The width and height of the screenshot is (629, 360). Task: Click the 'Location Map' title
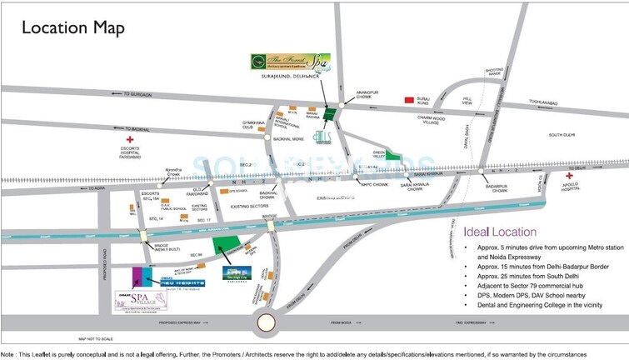(x=73, y=28)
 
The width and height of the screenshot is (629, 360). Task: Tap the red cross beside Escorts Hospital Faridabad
(x=129, y=140)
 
